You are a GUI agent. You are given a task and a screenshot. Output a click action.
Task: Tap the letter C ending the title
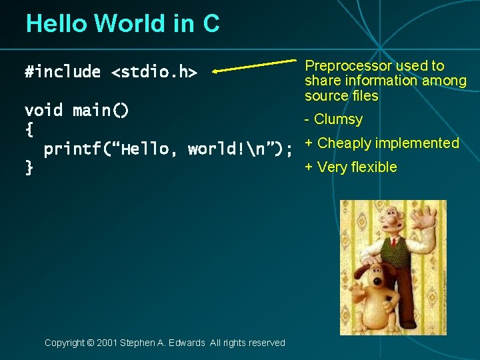[210, 23]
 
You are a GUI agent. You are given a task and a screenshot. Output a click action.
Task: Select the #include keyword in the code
[63, 72]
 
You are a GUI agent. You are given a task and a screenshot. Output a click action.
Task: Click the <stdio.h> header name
[154, 72]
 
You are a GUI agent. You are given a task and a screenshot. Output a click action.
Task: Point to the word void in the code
[43, 110]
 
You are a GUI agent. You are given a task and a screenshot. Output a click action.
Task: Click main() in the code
[101, 110]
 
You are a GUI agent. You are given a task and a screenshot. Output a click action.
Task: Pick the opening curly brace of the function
[29, 129]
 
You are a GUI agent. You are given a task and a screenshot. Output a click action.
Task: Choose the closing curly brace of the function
[29, 168]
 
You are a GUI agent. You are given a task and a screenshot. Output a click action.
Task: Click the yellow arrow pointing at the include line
[253, 65]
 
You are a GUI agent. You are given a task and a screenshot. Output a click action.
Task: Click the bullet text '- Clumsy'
[333, 119]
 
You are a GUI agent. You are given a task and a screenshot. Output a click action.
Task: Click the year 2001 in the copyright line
[107, 343]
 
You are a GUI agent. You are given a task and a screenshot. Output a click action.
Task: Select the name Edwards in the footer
[188, 343]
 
